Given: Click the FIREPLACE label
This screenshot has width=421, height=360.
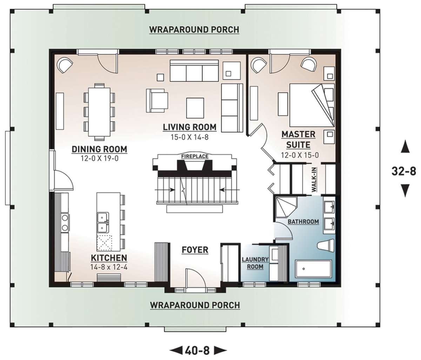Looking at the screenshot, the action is click(x=195, y=156).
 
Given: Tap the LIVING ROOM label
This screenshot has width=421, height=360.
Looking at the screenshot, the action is click(x=189, y=127).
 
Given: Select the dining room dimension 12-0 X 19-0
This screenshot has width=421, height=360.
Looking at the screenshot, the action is click(x=100, y=158).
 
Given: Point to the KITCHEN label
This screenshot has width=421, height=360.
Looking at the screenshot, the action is click(x=109, y=258).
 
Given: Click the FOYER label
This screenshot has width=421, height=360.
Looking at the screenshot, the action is click(x=195, y=250).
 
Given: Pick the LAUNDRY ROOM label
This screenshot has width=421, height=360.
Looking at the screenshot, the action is click(x=255, y=263).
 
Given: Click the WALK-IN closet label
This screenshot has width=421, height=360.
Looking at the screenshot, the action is click(x=314, y=179).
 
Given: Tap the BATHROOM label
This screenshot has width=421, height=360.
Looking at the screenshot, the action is click(x=303, y=221).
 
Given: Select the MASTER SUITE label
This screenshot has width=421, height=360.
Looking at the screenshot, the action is click(x=299, y=140).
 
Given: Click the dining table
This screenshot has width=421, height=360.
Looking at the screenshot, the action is click(x=99, y=112).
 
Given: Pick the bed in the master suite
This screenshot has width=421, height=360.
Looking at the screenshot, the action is click(x=312, y=105).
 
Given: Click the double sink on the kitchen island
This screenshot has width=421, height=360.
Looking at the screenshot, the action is click(x=103, y=222).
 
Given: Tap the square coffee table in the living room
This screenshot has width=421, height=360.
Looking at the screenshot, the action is click(x=195, y=108).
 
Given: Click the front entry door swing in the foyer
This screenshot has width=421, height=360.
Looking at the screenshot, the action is click(x=194, y=277).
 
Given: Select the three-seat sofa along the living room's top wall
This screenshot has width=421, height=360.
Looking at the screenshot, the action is click(x=194, y=71).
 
